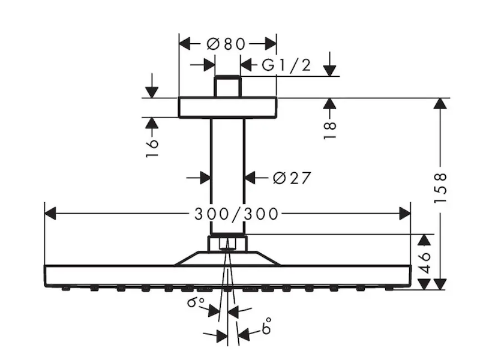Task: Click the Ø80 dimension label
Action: pos(226,44)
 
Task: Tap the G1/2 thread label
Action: pos(286,65)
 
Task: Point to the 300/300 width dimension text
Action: pos(227,214)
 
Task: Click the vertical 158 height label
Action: pos(441,188)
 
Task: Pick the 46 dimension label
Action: pos(425,263)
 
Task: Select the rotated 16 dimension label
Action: pos(152,147)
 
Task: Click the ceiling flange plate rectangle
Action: pos(227,107)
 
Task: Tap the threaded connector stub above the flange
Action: pos(227,86)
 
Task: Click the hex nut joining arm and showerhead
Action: pos(227,244)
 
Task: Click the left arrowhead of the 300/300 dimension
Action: pos(50,213)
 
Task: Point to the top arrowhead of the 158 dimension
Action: pos(441,103)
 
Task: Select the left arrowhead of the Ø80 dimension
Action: pos(185,44)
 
